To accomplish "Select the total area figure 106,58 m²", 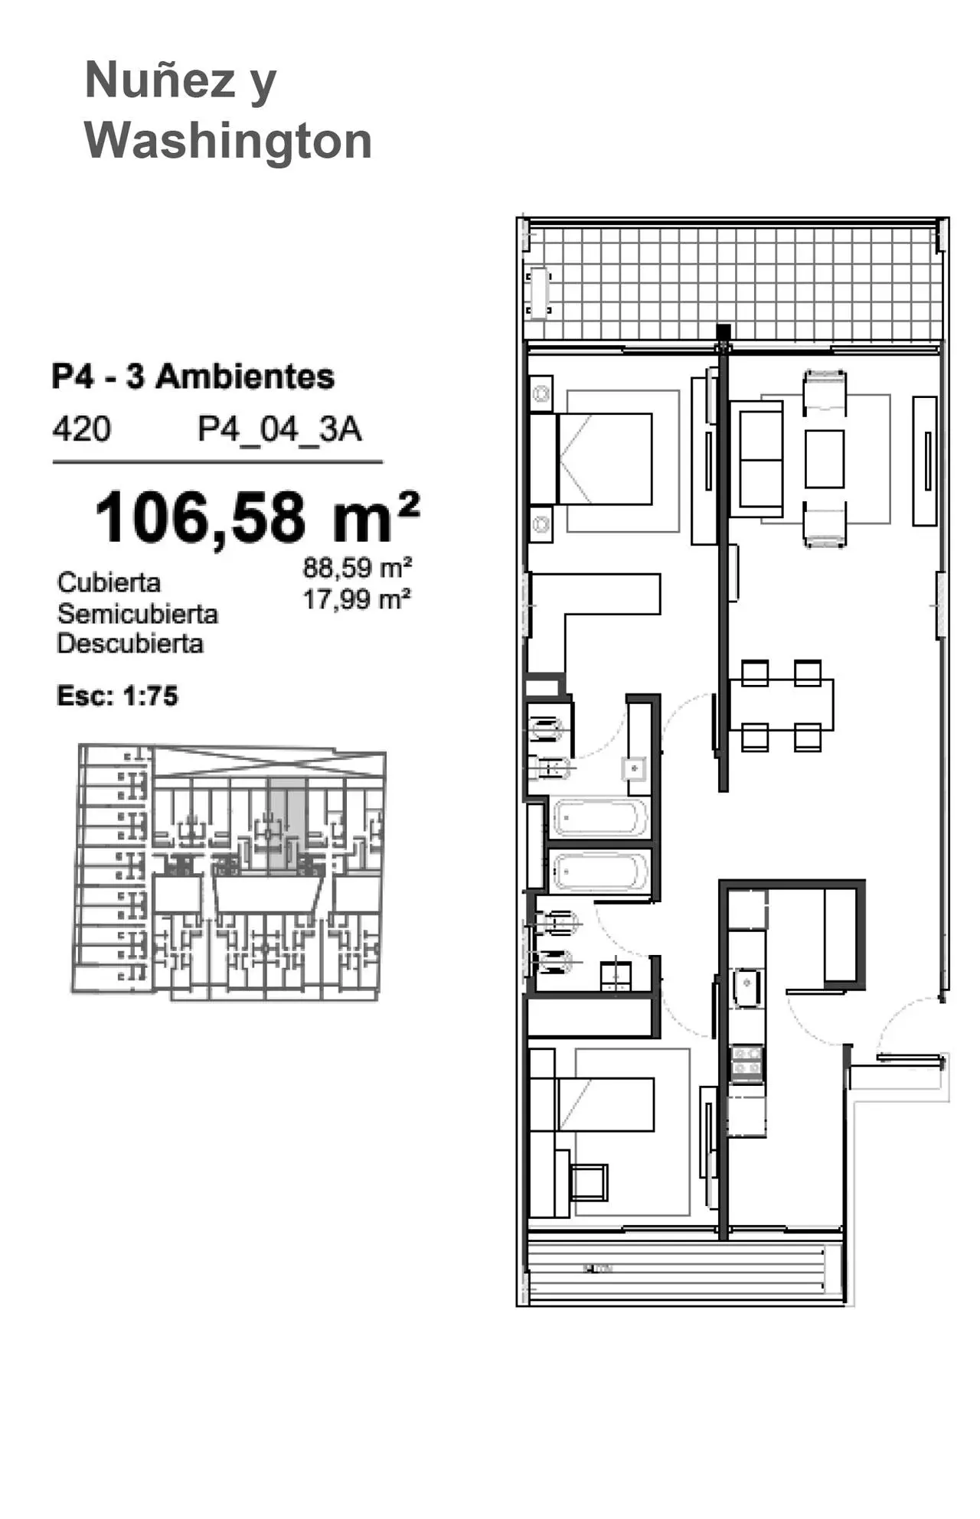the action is click(257, 517).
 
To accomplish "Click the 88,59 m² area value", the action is click(358, 568).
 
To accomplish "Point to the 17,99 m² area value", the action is click(357, 599).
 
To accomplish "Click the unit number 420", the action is click(81, 429).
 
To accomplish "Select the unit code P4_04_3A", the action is click(279, 429).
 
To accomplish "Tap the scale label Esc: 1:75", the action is click(117, 696).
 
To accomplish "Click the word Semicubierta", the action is click(138, 614).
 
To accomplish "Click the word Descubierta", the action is click(130, 644).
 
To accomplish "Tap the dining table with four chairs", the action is click(782, 705).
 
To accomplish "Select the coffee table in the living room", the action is click(825, 458).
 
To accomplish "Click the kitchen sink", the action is click(746, 987).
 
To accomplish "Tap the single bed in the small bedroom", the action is click(592, 1104).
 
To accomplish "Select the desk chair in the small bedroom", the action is click(588, 1182).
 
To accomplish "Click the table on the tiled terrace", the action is click(539, 292).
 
